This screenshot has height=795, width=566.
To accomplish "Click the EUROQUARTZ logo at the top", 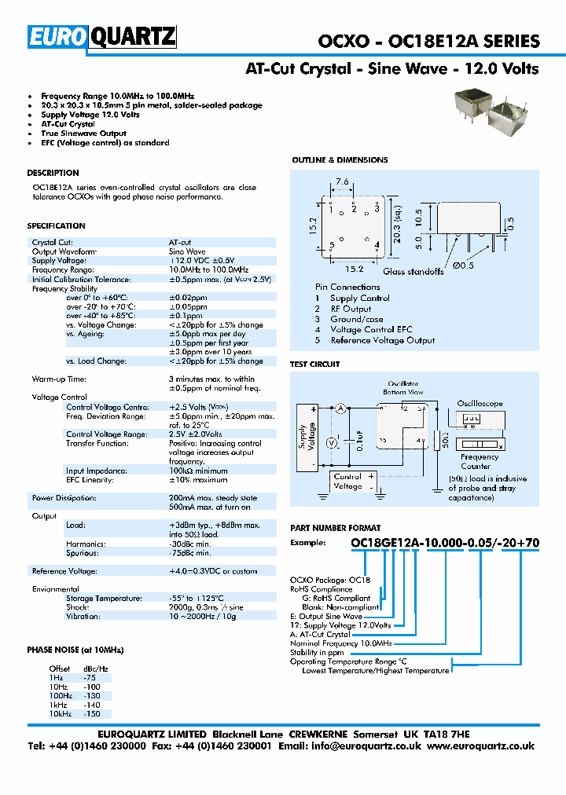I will tap(102, 38).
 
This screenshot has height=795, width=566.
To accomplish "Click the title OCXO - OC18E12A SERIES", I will tap(428, 42).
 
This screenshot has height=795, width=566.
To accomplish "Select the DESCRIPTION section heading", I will tap(53, 173).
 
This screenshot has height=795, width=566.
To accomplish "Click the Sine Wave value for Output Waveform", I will tap(188, 251).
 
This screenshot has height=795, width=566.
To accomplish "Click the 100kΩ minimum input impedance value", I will tap(200, 471).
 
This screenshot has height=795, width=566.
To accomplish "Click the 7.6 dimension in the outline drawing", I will tap(343, 181).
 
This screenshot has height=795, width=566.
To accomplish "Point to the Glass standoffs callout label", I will tap(413, 272).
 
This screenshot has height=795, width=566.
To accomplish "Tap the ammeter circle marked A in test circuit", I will tap(341, 408).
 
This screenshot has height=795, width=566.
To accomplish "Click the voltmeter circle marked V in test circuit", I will tap(331, 443).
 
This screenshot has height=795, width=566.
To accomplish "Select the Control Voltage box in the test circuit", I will tap(347, 481).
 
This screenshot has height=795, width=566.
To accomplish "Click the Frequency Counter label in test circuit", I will tap(480, 462).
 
